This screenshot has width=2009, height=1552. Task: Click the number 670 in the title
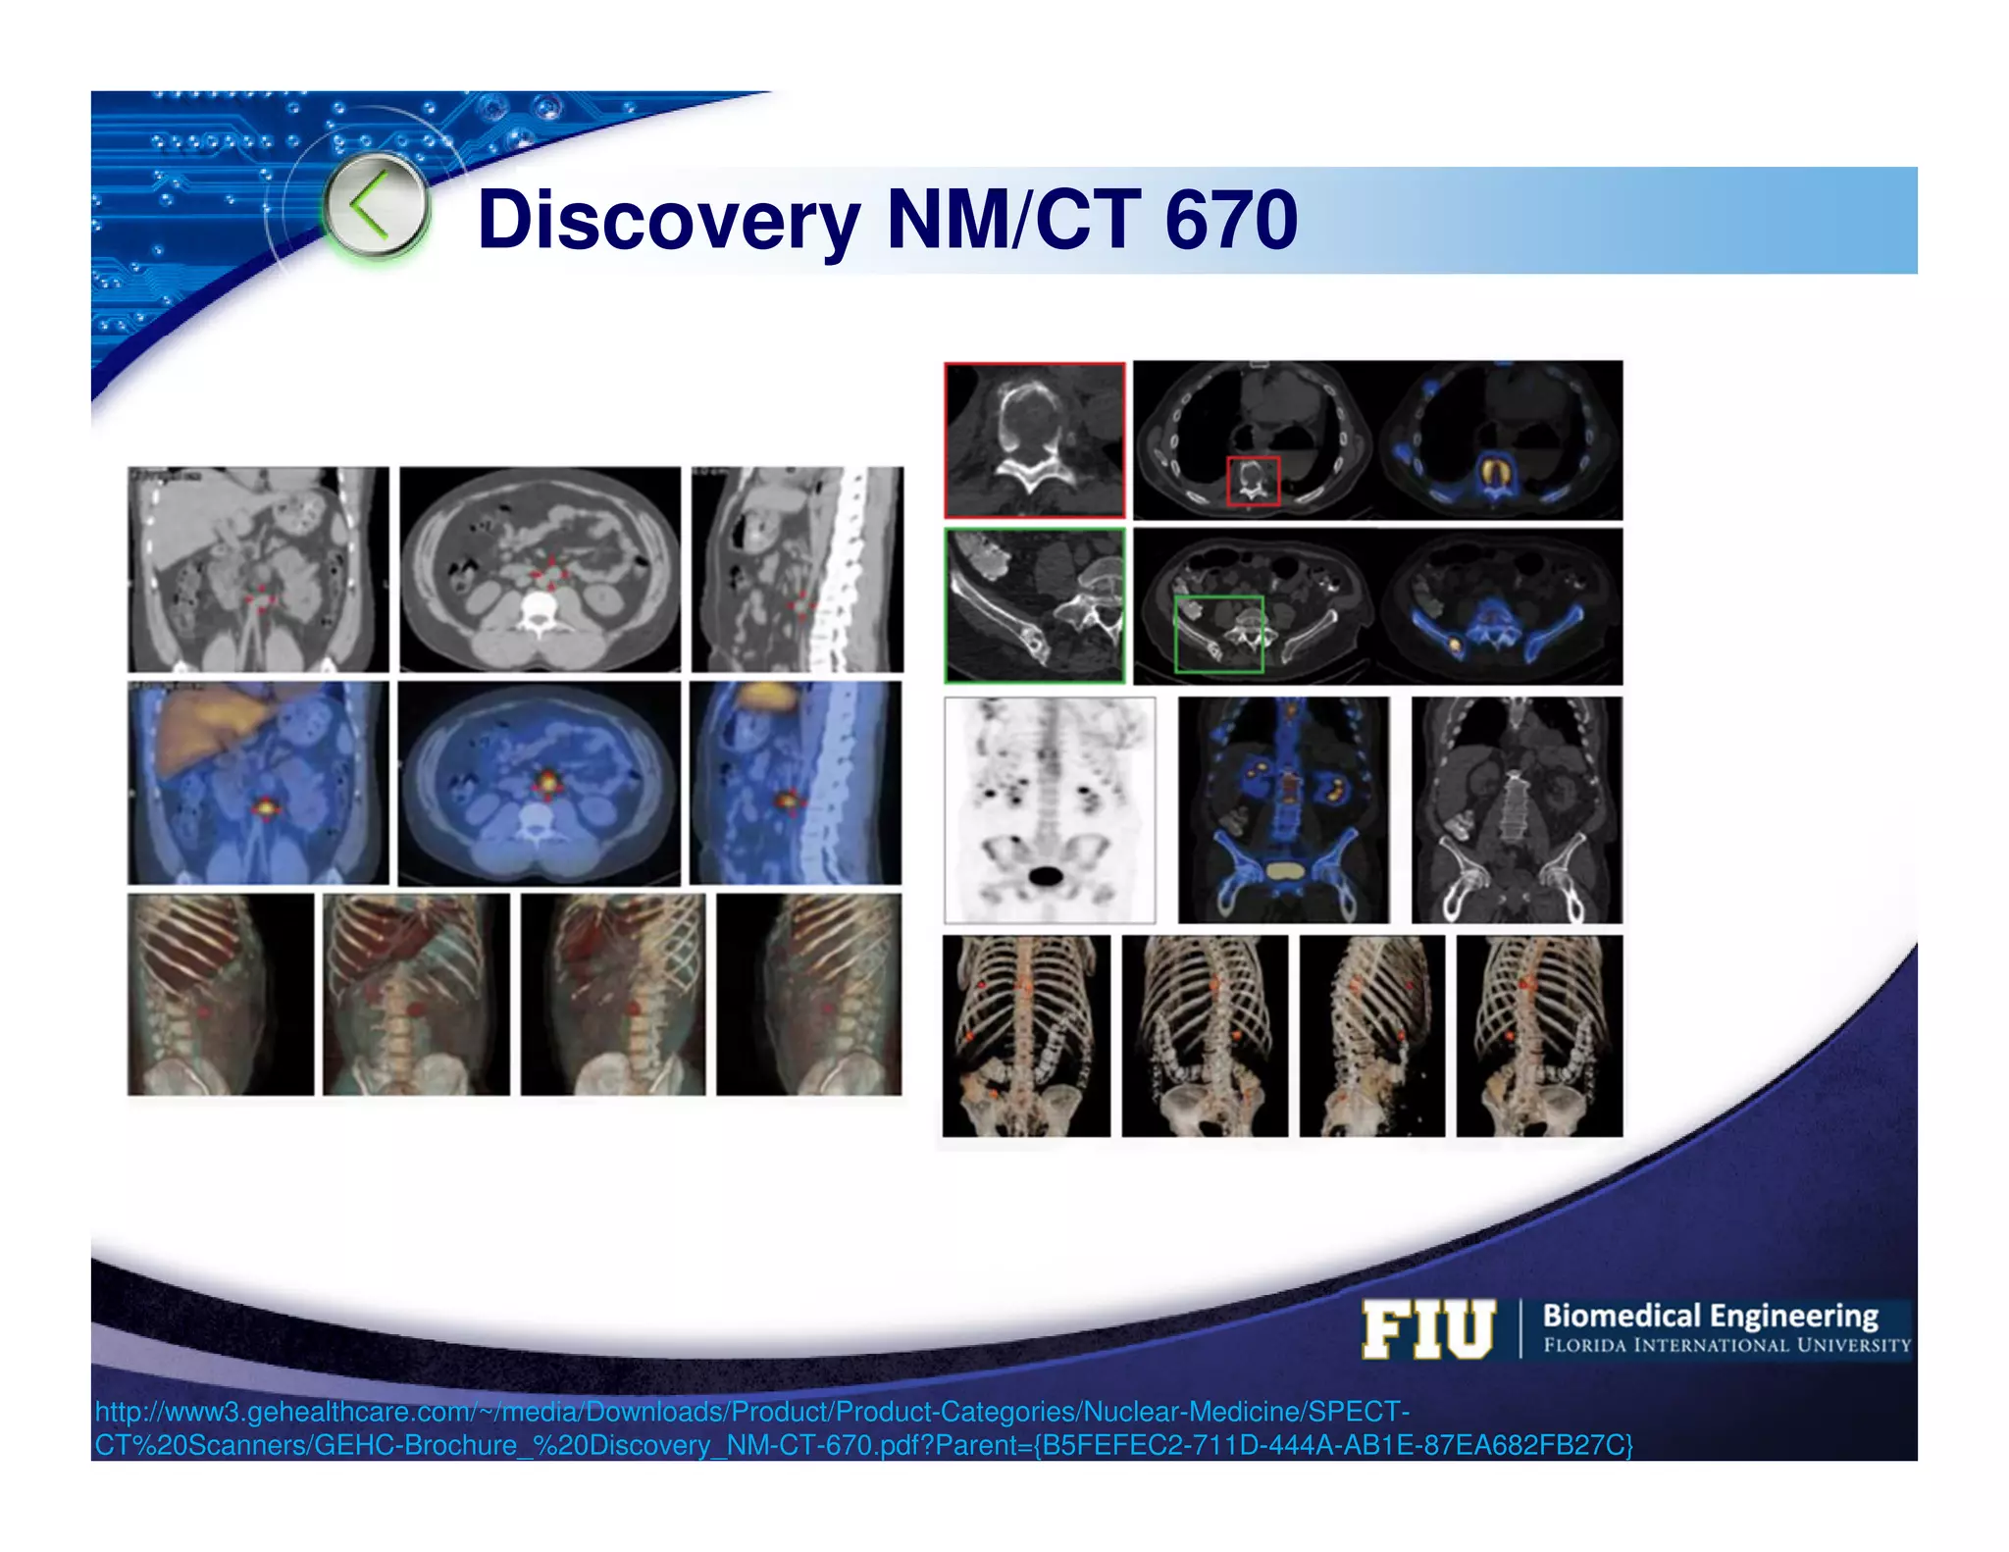pyautogui.click(x=1231, y=220)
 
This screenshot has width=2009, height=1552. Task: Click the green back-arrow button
pyautogui.click(x=375, y=207)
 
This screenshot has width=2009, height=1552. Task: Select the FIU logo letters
pyautogui.click(x=1428, y=1330)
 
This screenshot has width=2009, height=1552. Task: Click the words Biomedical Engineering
pyautogui.click(x=1710, y=1316)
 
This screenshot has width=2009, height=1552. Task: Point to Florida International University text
pyautogui.click(x=1726, y=1345)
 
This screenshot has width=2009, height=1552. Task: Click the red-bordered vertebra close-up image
pyautogui.click(x=1034, y=440)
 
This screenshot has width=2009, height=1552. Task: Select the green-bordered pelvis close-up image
pyautogui.click(x=1034, y=605)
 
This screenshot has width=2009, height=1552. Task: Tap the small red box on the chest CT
pyautogui.click(x=1253, y=481)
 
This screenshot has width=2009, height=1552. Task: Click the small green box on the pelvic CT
pyautogui.click(x=1218, y=634)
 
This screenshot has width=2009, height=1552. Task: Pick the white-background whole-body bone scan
pyautogui.click(x=1049, y=810)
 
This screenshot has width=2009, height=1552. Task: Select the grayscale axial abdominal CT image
pyautogui.click(x=540, y=569)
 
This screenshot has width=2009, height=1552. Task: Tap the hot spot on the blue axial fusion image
pyautogui.click(x=546, y=783)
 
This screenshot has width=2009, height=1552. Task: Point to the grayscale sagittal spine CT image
pyautogui.click(x=797, y=569)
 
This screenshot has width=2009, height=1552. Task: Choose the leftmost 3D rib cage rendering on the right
pyautogui.click(x=1026, y=1036)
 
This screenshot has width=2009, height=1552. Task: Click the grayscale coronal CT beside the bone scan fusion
pyautogui.click(x=1517, y=810)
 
